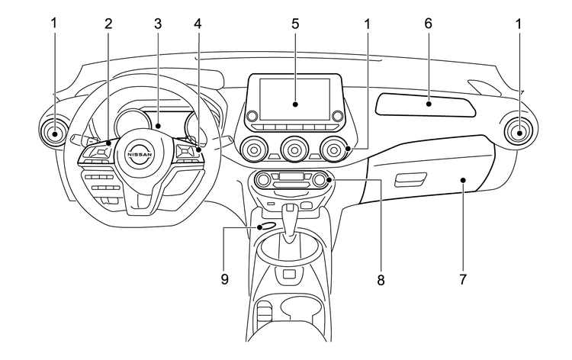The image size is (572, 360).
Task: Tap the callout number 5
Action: click(x=294, y=24)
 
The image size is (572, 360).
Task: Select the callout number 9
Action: click(x=225, y=279)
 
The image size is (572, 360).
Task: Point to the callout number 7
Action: click(x=463, y=279)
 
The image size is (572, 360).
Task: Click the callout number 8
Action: click(x=380, y=279)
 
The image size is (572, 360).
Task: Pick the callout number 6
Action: click(x=428, y=24)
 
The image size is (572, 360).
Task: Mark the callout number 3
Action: click(x=157, y=24)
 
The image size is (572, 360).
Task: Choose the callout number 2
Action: click(x=108, y=24)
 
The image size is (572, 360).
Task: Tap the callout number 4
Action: click(x=198, y=24)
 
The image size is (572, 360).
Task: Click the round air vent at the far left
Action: click(x=56, y=133)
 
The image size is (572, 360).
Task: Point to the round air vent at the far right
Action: click(x=519, y=133)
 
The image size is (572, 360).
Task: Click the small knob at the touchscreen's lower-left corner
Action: click(x=251, y=116)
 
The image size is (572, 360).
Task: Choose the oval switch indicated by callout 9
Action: click(x=267, y=226)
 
